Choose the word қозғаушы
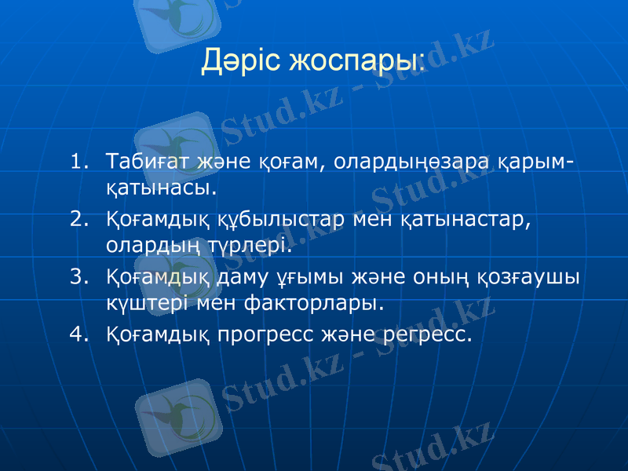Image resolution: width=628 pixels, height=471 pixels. tap(527, 276)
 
